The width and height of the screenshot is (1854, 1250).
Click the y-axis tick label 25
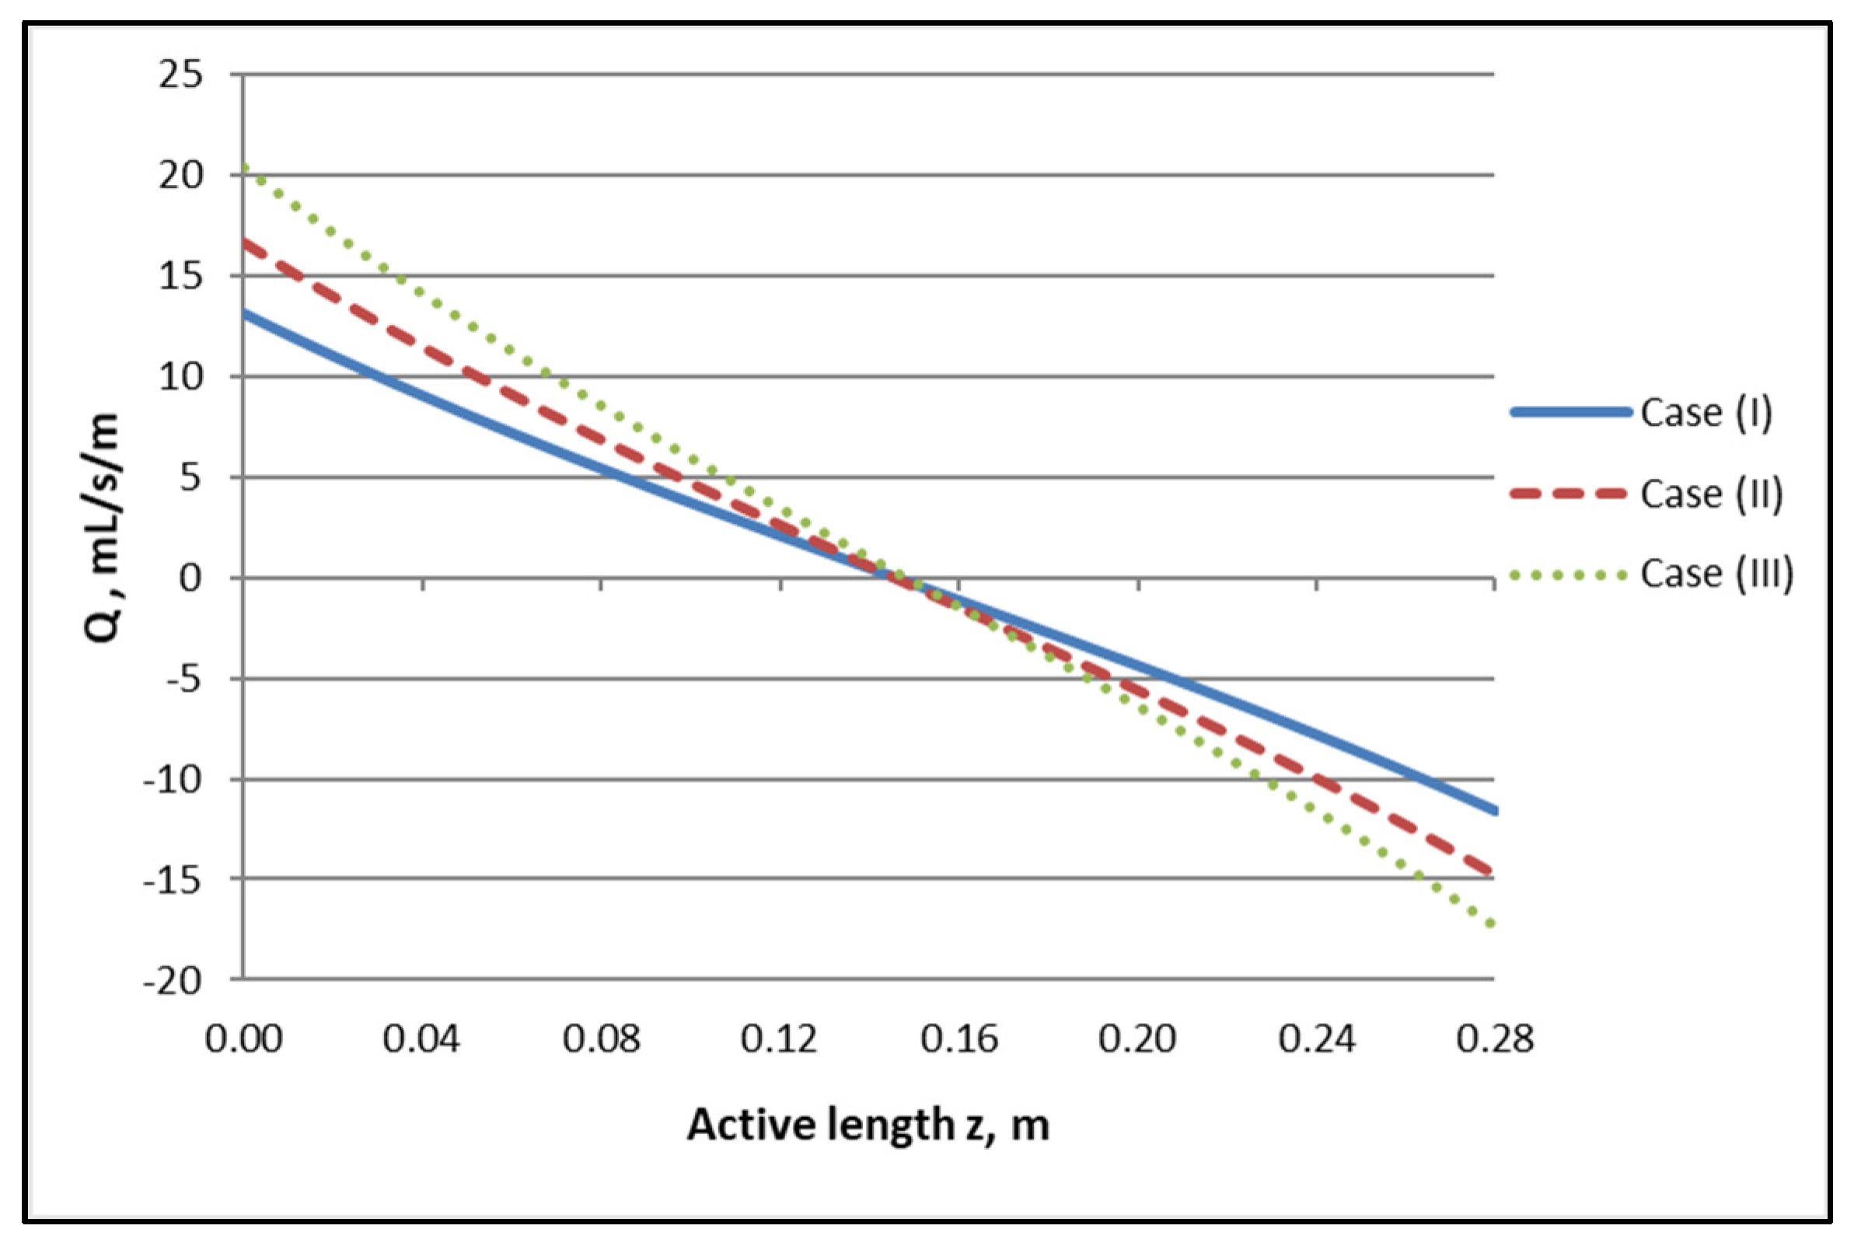click(x=181, y=75)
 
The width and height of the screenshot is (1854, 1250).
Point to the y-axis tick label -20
click(x=173, y=981)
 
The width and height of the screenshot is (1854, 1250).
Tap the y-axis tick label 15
click(x=181, y=277)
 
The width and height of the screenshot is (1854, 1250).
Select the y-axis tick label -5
click(x=183, y=680)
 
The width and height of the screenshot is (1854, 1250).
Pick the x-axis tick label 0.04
click(x=421, y=1039)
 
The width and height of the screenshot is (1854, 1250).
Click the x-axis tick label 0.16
click(x=959, y=1039)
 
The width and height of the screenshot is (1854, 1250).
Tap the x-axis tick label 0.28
click(x=1495, y=1039)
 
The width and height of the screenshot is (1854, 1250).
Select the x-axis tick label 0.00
click(x=243, y=1039)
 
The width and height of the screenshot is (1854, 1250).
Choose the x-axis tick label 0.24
click(x=1317, y=1039)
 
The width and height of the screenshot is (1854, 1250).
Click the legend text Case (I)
click(x=1706, y=413)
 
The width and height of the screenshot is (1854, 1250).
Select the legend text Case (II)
click(x=1711, y=494)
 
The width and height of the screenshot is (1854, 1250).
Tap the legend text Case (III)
click(x=1717, y=574)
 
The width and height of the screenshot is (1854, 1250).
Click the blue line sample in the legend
click(x=1570, y=412)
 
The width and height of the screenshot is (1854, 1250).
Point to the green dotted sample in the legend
click(x=1568, y=574)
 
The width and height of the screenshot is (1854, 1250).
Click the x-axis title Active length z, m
click(x=868, y=1125)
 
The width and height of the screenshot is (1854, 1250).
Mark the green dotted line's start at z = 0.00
click(x=244, y=166)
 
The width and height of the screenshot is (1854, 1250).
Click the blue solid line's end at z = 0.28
click(x=1494, y=811)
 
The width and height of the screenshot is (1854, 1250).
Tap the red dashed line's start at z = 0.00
click(x=245, y=241)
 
